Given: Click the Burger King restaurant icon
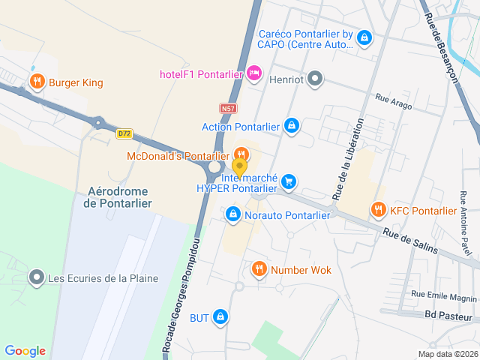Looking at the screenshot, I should click(36, 82).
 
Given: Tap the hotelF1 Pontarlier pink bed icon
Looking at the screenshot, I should click(253, 73).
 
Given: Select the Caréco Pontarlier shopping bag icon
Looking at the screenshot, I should click(364, 37).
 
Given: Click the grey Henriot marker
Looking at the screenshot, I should click(316, 77).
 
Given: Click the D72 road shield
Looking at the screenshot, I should click(124, 133).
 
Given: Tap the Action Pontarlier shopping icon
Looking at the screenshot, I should click(292, 126).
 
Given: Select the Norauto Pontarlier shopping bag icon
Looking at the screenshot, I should click(233, 215).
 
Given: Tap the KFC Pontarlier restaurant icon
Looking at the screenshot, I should click(378, 211).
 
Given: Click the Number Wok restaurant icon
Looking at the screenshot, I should click(259, 269).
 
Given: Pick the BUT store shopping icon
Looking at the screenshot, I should click(220, 318).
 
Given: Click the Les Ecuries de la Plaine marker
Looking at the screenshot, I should click(36, 279).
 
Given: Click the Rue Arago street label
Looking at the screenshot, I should click(394, 102).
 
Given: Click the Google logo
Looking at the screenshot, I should click(25, 351).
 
